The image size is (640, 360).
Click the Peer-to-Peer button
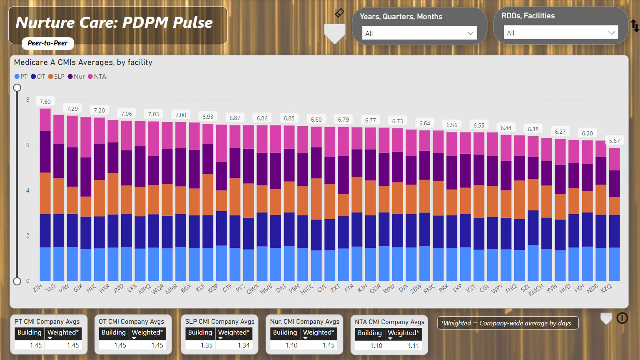click(x=47, y=43)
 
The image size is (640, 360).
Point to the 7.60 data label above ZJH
click(x=45, y=102)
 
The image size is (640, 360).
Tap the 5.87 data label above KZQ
click(x=614, y=141)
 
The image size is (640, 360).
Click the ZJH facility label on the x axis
click(x=37, y=287)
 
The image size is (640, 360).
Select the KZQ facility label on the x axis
click(x=606, y=287)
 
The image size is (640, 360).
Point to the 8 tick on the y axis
click(x=28, y=100)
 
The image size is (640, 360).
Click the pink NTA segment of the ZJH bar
click(x=45, y=120)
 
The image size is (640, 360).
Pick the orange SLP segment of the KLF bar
click(x=208, y=194)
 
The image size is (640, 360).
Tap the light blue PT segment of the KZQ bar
click(x=614, y=264)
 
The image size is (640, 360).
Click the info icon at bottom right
click(x=622, y=318)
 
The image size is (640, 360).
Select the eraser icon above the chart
click(x=339, y=13)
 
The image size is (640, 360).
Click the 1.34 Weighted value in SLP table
click(x=244, y=345)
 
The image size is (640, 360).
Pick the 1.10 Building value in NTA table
click(x=376, y=346)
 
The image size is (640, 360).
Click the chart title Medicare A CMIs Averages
click(x=83, y=62)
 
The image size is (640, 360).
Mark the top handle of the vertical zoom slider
click(x=17, y=87)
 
